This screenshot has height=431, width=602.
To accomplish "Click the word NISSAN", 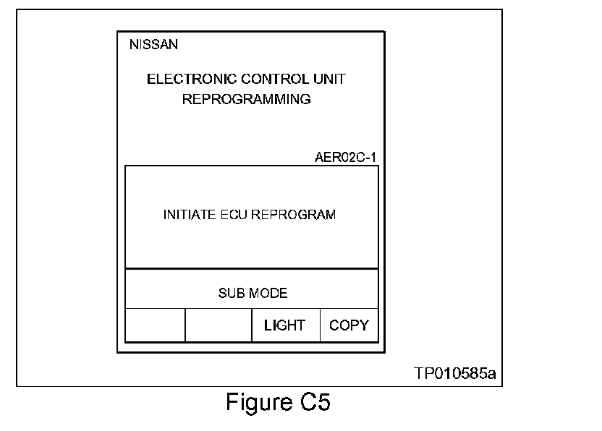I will pos(153,45).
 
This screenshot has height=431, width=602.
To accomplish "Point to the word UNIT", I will pos(331,80).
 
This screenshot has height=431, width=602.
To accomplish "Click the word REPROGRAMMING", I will pos(246,100).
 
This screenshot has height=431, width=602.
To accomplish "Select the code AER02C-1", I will pos(345,157).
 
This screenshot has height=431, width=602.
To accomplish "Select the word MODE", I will pos(268,294).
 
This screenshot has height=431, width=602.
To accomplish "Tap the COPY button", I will pos(349,325).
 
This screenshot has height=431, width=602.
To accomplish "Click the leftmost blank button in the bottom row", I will pos(155,325).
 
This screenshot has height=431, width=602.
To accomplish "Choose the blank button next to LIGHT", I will pos(219,325).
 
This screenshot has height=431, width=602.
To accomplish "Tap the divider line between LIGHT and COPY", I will pos(320,325).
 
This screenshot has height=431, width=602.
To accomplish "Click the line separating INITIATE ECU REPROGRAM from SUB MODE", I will pos(252,269).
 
